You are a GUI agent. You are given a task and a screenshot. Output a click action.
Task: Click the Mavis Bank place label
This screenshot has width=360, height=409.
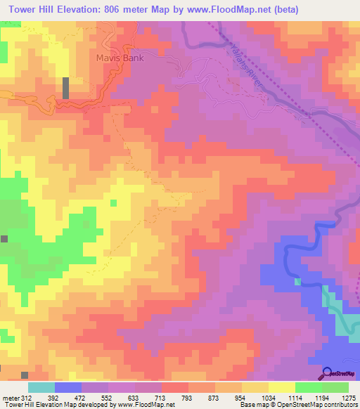point(120,58)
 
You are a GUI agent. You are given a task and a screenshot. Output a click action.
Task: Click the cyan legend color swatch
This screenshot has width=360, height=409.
point(41,387)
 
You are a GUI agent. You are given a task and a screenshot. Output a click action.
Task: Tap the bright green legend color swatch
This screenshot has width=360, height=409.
point(308,387)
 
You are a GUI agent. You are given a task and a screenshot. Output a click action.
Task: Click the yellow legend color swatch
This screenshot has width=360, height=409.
point(281,387)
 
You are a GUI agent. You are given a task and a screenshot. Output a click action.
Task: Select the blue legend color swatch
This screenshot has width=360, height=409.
point(68,387)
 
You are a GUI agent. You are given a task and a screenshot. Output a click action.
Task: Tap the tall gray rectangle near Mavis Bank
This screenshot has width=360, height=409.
point(66,88)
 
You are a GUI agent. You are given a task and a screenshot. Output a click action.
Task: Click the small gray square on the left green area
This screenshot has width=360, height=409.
point(4,239)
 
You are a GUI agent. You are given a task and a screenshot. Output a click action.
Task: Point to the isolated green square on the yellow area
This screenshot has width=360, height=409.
point(113,203)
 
